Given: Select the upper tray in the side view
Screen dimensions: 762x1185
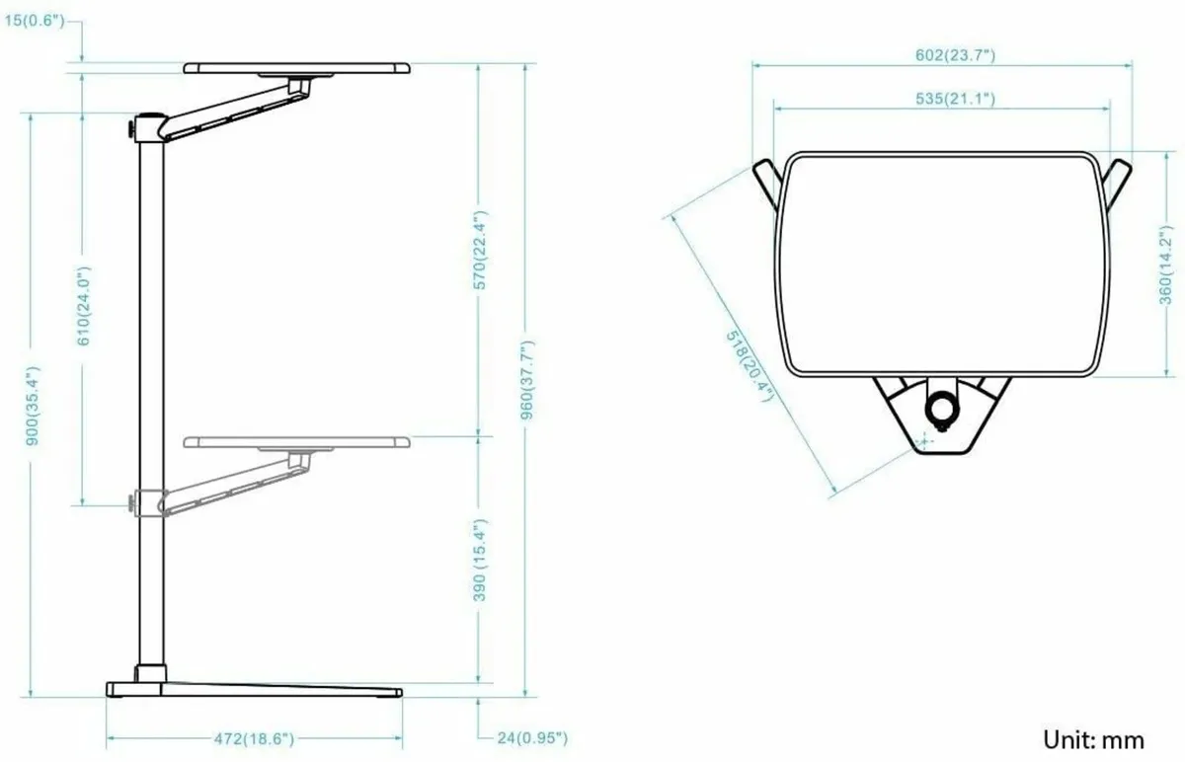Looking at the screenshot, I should click(x=296, y=68).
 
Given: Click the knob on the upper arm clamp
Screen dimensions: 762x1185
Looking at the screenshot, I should click(x=130, y=129).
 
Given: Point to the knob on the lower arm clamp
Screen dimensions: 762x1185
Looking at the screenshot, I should click(x=130, y=503).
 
